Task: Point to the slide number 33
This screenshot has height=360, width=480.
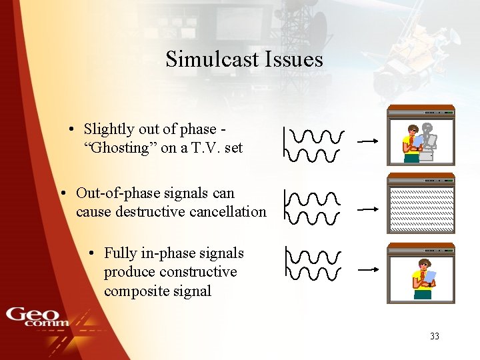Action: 435,336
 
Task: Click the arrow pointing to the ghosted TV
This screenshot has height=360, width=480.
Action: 369,141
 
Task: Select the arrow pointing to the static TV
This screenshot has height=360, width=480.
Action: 369,209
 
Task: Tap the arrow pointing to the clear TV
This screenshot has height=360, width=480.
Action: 369,269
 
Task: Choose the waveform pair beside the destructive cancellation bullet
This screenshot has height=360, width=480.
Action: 312,208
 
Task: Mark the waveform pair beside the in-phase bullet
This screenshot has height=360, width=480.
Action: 313,264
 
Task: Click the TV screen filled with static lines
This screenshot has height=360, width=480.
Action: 421,209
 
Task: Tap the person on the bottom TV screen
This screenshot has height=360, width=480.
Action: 423,278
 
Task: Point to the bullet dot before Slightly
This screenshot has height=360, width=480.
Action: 69,129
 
